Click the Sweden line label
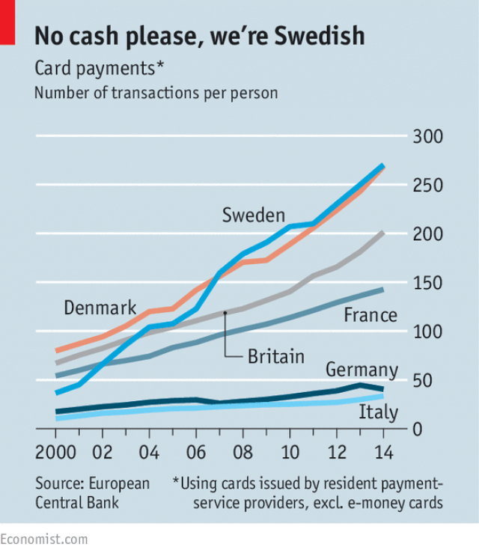pyautogui.click(x=254, y=215)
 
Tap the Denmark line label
pyautogui.click(x=100, y=308)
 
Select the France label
pyautogui.click(x=370, y=314)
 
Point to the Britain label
pyautogui.click(x=276, y=356)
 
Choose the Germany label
pyautogui.click(x=362, y=370)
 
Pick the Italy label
pyautogui.click(x=379, y=412)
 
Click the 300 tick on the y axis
pyautogui.click(x=428, y=136)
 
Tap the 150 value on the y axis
pyautogui.click(x=428, y=283)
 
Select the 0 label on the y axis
pyautogui.click(x=418, y=430)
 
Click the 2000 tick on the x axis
pyautogui.click(x=55, y=452)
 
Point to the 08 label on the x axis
pyautogui.click(x=242, y=452)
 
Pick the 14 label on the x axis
pyautogui.click(x=383, y=452)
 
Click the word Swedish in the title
pyautogui.click(x=320, y=36)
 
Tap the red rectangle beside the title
pyautogui.click(x=7, y=22)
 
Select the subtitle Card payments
pyautogui.click(x=99, y=68)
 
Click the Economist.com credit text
pyautogui.click(x=43, y=540)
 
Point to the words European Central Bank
pyautogui.click(x=92, y=493)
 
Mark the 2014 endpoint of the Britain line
pyautogui.click(x=383, y=233)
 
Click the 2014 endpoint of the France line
pyautogui.click(x=383, y=290)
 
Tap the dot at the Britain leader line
pyautogui.click(x=225, y=313)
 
